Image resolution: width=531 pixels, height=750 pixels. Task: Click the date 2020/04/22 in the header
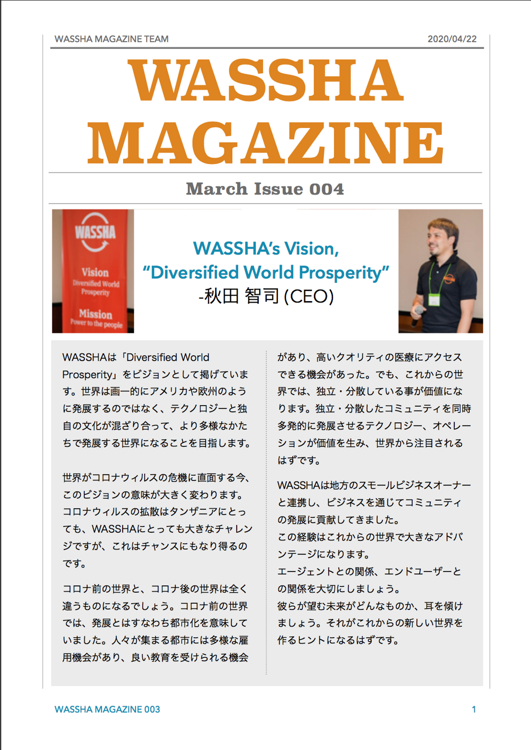452,39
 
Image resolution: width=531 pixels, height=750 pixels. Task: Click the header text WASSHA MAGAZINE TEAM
111,39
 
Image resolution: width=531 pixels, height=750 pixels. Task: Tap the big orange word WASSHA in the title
265,80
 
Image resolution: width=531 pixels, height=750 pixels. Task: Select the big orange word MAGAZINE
265,143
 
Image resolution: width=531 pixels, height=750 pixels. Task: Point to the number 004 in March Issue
327,189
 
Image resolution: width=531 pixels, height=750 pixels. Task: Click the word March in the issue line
217,189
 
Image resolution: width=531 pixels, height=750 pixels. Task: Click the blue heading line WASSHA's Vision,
266,249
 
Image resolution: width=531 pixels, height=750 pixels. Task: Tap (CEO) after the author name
309,296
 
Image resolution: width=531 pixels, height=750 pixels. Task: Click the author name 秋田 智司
242,296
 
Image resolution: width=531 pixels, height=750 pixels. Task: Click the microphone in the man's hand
418,314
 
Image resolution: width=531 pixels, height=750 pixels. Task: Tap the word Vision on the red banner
95,273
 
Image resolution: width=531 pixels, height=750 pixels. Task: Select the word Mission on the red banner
96,314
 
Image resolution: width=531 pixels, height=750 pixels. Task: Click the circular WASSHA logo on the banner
95,232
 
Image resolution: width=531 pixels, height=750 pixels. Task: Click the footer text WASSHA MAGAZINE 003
107,709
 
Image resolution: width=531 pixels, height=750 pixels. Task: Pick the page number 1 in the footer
474,709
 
